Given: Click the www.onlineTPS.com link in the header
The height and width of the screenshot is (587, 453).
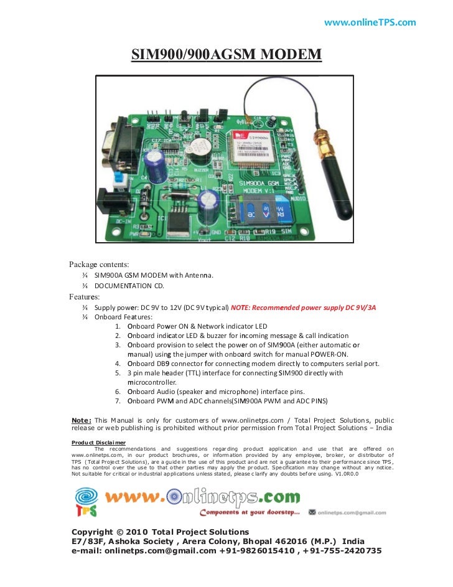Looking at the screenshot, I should [x=370, y=23].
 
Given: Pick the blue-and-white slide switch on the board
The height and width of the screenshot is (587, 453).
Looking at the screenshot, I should [x=119, y=179].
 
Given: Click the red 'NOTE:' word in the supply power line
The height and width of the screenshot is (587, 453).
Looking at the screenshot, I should [x=241, y=308].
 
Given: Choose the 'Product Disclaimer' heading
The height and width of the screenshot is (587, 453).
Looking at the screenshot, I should [x=99, y=443].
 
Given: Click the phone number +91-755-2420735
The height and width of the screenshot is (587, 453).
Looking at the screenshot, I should [x=342, y=551].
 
